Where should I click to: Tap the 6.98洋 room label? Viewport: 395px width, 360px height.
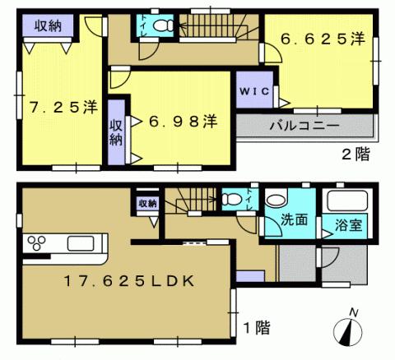183,122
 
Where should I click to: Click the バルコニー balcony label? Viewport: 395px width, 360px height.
305,127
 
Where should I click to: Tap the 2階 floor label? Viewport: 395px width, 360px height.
355,155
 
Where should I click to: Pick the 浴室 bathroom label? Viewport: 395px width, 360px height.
345,223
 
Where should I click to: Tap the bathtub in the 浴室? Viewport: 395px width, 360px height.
346,201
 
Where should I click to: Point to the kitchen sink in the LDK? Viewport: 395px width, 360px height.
81,243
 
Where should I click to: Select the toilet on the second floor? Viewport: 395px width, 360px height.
165,26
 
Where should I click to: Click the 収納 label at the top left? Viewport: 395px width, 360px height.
48,25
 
